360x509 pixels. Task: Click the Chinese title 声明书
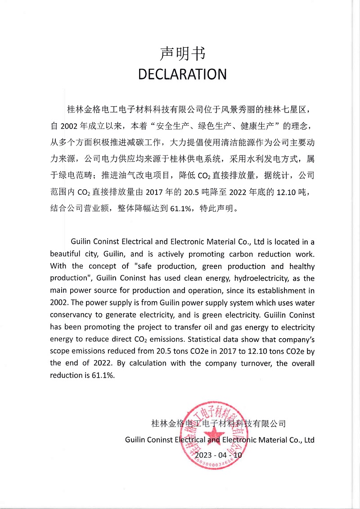tap(182, 54)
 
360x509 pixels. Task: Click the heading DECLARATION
tap(182, 74)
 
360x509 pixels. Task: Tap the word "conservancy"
tap(71, 315)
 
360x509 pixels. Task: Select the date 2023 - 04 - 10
tap(218, 455)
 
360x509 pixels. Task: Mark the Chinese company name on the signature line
tap(219, 423)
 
